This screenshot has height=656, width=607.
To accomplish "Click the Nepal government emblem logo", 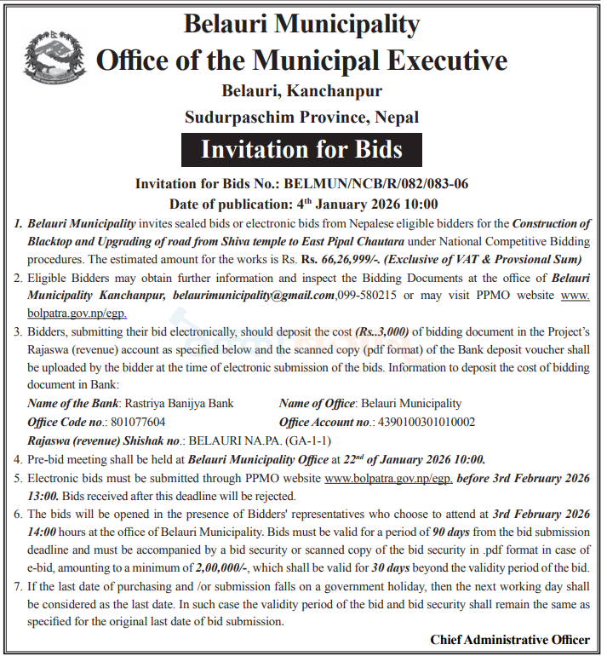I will point(51,57).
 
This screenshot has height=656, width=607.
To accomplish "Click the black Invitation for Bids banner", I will point(301,150).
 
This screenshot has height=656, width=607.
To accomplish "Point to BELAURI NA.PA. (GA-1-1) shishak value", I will point(259,440).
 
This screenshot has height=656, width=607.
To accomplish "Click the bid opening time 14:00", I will point(45,532).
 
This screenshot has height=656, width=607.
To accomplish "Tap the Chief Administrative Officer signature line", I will point(509,639).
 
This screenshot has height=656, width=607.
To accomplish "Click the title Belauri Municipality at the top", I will point(301,24).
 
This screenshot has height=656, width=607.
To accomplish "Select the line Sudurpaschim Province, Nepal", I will point(301,117).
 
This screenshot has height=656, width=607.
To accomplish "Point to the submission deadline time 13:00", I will point(45,496).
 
